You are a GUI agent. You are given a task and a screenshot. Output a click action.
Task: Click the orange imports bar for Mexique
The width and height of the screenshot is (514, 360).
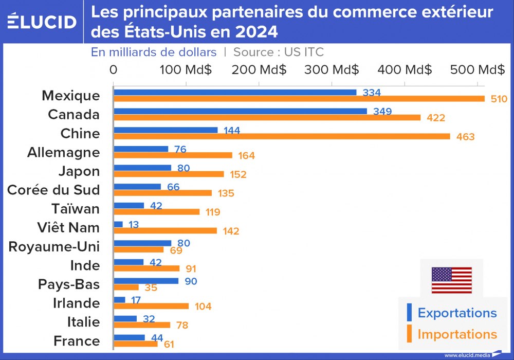tap(299, 99)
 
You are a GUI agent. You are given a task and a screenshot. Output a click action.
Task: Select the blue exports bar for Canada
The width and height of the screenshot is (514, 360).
tap(240, 111)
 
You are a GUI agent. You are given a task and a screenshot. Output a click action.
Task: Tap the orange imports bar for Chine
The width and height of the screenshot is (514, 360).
tap(282, 136)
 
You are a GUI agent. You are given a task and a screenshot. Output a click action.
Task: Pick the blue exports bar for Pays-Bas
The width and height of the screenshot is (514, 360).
tap(146, 281)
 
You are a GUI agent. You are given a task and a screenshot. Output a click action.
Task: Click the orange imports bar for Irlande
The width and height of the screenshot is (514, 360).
tap(151, 306)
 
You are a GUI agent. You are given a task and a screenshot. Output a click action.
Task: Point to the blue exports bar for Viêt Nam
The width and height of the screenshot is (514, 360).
tap(118, 224)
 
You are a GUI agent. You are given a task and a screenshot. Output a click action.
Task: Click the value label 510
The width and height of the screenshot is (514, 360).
tap(499, 99)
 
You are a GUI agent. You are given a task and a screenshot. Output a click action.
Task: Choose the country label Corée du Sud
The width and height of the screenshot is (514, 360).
tap(53, 190)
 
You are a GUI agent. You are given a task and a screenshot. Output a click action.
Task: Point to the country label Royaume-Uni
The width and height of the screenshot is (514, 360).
tap(54, 247)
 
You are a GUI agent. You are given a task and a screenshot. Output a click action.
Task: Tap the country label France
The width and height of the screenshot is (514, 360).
tap(77, 341)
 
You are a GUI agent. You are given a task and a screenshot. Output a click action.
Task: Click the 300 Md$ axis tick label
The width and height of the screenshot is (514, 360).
tap(332, 69)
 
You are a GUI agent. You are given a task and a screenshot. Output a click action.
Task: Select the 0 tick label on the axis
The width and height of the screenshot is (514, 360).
tap(114, 69)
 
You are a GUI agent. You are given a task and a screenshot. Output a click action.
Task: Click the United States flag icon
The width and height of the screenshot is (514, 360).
tap(451, 280)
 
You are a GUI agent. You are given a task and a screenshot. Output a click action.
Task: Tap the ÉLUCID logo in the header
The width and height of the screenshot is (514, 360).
tap(42, 22)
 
